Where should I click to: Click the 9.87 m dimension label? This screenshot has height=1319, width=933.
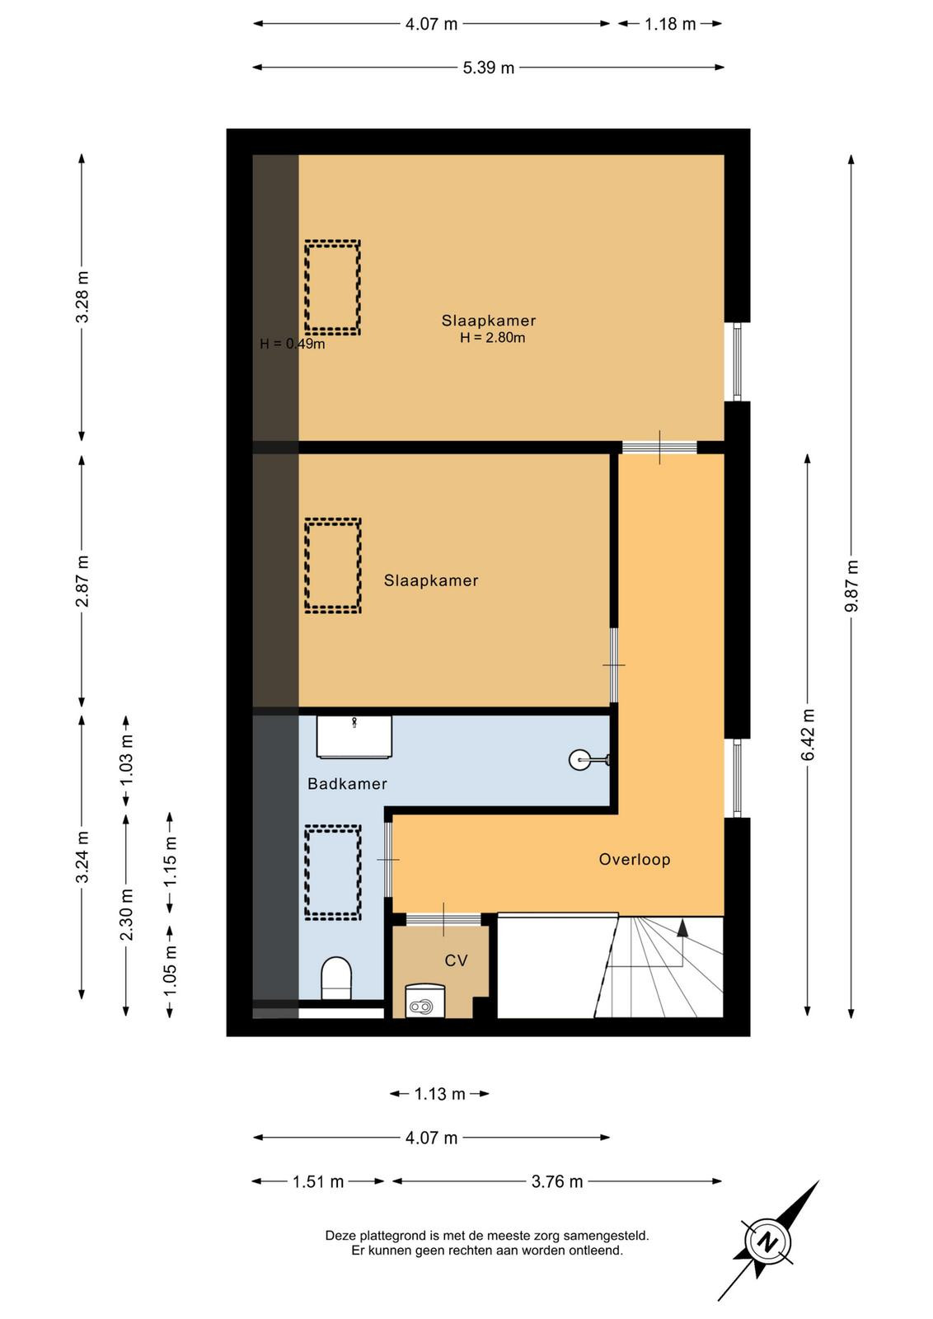[851, 586]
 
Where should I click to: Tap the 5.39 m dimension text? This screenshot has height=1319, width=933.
[489, 68]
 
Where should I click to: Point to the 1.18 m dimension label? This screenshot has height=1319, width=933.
[670, 24]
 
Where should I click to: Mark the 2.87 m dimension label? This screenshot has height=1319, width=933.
[82, 581]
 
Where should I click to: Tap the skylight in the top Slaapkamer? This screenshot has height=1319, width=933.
[333, 288]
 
